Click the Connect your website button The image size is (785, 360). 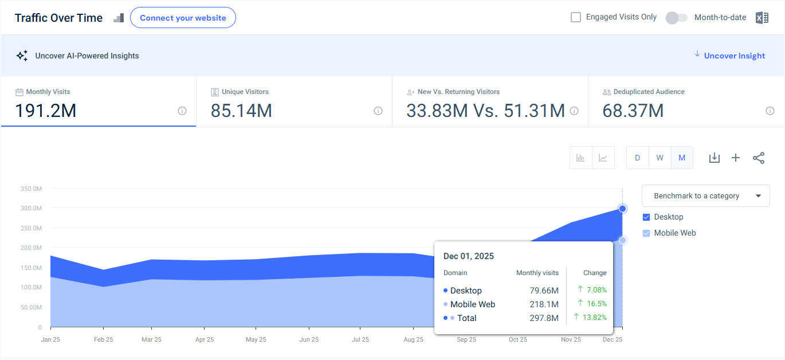(183, 18)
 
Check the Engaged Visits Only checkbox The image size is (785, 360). (576, 17)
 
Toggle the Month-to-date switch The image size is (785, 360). (676, 18)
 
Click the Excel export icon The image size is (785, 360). (762, 18)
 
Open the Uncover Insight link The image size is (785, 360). (734, 56)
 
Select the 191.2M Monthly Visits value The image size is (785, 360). (46, 110)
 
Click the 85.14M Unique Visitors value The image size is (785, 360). (241, 110)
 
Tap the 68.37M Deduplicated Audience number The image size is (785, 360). (633, 110)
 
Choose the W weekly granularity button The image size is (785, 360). (660, 158)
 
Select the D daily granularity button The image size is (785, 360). (637, 158)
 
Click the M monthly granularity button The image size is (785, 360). (682, 158)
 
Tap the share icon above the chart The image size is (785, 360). (759, 158)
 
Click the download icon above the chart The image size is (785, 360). (714, 158)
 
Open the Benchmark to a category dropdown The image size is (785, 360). (706, 195)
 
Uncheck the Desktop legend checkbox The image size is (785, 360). (646, 217)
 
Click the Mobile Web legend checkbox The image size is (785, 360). (646, 233)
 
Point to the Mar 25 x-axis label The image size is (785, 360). (151, 339)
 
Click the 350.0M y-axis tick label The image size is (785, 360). (31, 189)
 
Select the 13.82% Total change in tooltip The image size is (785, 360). (595, 318)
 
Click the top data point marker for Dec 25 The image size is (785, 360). (622, 209)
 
